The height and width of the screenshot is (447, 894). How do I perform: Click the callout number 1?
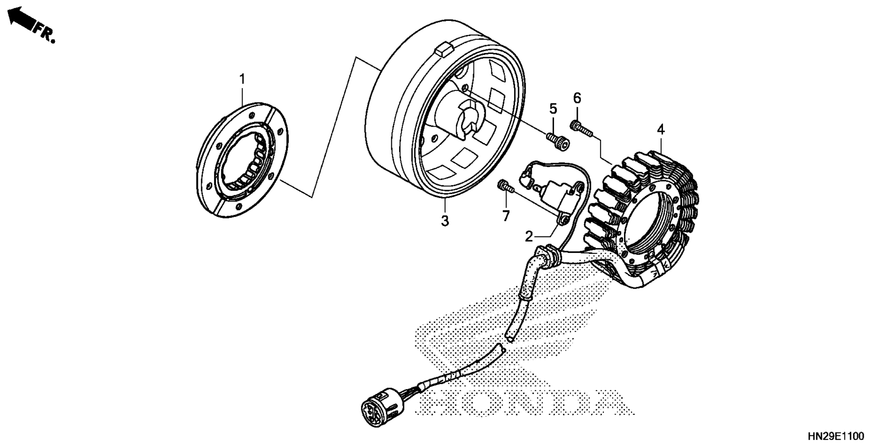point(242,80)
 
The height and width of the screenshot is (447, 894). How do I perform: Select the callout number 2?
point(528,237)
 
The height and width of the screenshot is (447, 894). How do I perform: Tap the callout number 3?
point(445,221)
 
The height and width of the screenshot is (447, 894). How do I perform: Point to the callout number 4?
point(661,130)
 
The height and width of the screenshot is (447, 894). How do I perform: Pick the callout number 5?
point(553,109)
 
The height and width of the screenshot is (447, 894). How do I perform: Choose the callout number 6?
point(577,98)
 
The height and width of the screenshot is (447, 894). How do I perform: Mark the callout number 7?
point(506,216)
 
